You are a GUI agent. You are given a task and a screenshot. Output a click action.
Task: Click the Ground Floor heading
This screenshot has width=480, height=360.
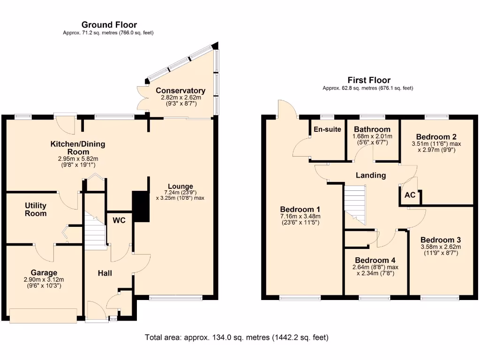click(x=109, y=25)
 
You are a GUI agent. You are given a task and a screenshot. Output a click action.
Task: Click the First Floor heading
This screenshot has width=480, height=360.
click(x=368, y=80)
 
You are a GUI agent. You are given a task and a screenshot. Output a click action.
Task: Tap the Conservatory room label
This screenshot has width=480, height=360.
click(x=180, y=90)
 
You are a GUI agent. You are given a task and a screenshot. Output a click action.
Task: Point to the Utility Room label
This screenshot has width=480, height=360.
click(x=36, y=209)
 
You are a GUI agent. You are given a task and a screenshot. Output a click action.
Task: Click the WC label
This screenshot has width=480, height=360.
click(x=119, y=220)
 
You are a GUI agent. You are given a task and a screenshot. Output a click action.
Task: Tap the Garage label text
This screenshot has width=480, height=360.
click(x=44, y=272)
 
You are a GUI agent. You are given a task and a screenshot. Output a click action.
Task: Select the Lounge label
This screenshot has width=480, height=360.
click(x=180, y=186)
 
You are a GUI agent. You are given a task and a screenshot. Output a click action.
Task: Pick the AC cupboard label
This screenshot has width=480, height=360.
click(x=410, y=195)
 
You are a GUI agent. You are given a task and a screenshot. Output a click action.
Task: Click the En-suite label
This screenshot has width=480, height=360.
click(x=327, y=129)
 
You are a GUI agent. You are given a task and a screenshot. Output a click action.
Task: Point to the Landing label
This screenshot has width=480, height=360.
click(x=371, y=175)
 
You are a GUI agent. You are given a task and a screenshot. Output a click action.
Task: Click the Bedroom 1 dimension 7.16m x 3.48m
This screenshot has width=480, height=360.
click(x=300, y=216)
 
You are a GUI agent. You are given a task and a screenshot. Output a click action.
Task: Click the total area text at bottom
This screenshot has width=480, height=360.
click(x=237, y=337)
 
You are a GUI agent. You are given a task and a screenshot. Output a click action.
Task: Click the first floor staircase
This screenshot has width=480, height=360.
click(x=354, y=202)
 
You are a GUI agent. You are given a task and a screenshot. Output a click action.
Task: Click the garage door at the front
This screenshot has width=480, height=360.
click(x=44, y=315)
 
